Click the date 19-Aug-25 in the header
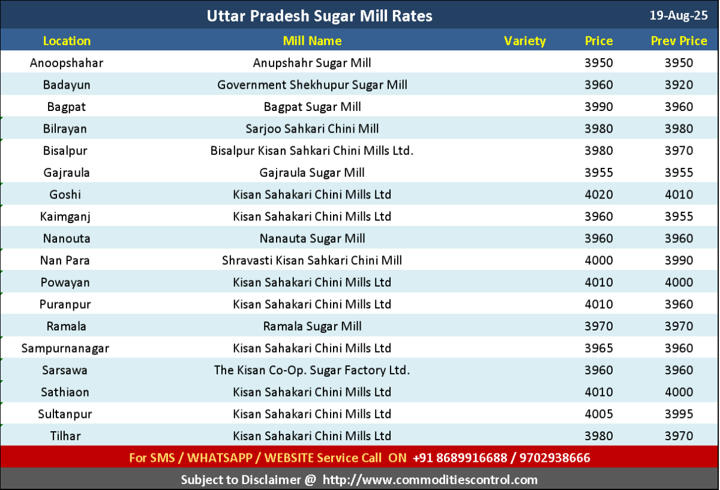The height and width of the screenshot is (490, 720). (x=679, y=16)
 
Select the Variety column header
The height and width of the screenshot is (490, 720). (x=524, y=41)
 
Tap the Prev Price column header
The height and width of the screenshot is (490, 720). (x=679, y=41)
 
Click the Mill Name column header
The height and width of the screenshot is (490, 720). (x=312, y=41)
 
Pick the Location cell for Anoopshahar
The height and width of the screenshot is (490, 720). (x=67, y=63)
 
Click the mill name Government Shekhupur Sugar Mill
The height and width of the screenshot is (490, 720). (x=312, y=85)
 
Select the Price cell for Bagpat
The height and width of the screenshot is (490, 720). (x=599, y=107)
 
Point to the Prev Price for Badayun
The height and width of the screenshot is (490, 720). (x=679, y=85)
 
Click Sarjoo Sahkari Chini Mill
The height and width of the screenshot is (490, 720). (x=312, y=129)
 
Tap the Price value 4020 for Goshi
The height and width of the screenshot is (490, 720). (x=599, y=194)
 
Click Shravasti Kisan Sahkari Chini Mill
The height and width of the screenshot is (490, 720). (x=312, y=260)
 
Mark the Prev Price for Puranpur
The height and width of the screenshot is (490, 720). (x=679, y=304)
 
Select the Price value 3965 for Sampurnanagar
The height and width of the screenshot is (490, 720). (x=599, y=348)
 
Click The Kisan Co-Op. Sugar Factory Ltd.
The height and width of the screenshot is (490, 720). (x=312, y=370)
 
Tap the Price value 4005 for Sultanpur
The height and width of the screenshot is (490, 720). (x=599, y=414)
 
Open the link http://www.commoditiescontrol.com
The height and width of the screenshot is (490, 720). (x=430, y=480)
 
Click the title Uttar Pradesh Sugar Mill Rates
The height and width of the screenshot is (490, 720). (x=319, y=16)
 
